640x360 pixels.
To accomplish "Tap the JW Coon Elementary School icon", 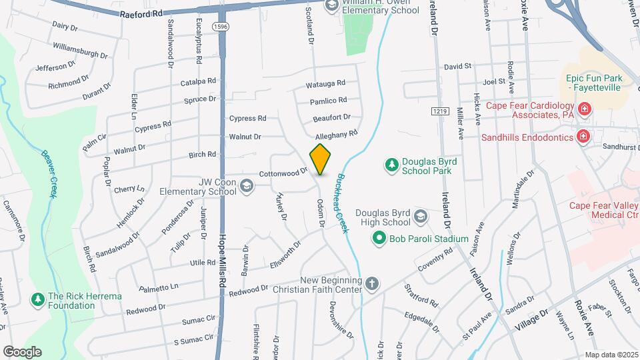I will coord(247,186).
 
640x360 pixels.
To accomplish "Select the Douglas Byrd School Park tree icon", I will coord(392,164).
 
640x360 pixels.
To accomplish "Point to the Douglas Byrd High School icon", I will coord(421,216).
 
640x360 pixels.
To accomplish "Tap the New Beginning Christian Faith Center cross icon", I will coord(372,285).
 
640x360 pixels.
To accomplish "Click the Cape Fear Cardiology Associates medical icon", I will coord(584,108).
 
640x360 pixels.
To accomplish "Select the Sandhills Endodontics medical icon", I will coord(584,136).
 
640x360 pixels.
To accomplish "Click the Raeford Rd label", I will coord(141,13).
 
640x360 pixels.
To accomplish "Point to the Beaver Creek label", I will coord(48,174).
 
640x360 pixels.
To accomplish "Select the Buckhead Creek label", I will coord(341,203).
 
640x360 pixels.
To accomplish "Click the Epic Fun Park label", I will coord(594,83).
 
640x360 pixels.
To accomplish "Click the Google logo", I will coord(22,351).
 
